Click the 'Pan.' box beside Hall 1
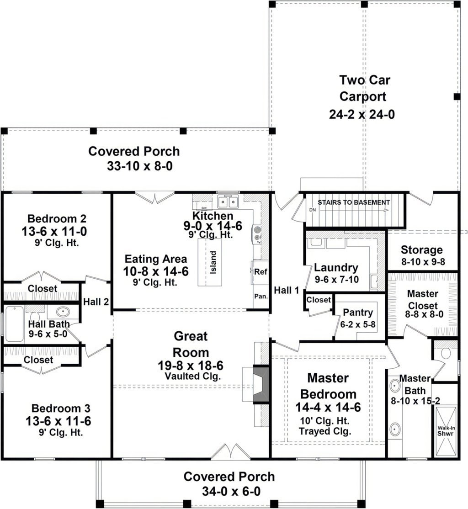(x=261, y=296)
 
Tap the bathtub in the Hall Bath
(x=14, y=323)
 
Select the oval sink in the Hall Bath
(x=63, y=313)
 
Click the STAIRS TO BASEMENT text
(x=354, y=202)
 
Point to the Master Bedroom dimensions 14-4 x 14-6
(x=328, y=407)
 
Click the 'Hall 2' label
(x=96, y=302)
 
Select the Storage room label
(x=421, y=250)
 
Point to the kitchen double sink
(x=228, y=201)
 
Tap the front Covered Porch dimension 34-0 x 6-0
(x=229, y=491)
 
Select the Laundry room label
(x=336, y=268)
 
